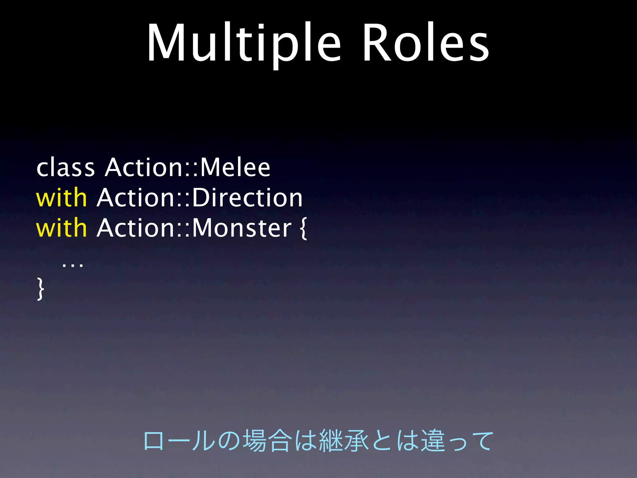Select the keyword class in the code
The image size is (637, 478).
click(x=65, y=168)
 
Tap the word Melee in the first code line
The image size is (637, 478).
click(x=235, y=168)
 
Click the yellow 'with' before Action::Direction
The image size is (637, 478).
click(x=61, y=198)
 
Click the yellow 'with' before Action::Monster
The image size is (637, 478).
click(x=61, y=228)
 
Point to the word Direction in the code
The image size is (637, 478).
click(x=247, y=198)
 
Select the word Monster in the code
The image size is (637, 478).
click(x=242, y=228)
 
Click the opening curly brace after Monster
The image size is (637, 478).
click(x=304, y=229)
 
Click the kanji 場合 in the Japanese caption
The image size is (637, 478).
click(x=267, y=441)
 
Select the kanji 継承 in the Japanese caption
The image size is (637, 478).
click(x=344, y=441)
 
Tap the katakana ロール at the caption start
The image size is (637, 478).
click(x=179, y=441)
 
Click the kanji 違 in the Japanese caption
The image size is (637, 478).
click(x=433, y=441)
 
